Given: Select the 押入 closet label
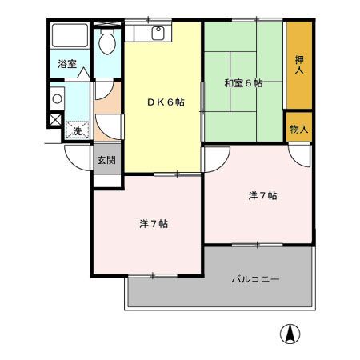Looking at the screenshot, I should (x=299, y=65).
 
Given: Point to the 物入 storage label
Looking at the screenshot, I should (x=299, y=129).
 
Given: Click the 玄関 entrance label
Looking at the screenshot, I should (x=106, y=160).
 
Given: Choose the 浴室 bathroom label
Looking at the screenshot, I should (x=66, y=64).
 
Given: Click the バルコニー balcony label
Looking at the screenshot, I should (x=255, y=279).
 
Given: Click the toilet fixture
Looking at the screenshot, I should (x=106, y=43).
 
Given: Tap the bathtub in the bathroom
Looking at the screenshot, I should (x=70, y=38).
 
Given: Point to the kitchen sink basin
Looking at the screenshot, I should (x=158, y=34).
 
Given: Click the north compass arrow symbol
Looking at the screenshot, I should (x=289, y=334).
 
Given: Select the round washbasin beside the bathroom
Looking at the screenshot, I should (x=55, y=99).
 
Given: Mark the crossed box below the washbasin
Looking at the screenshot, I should (x=55, y=120).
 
